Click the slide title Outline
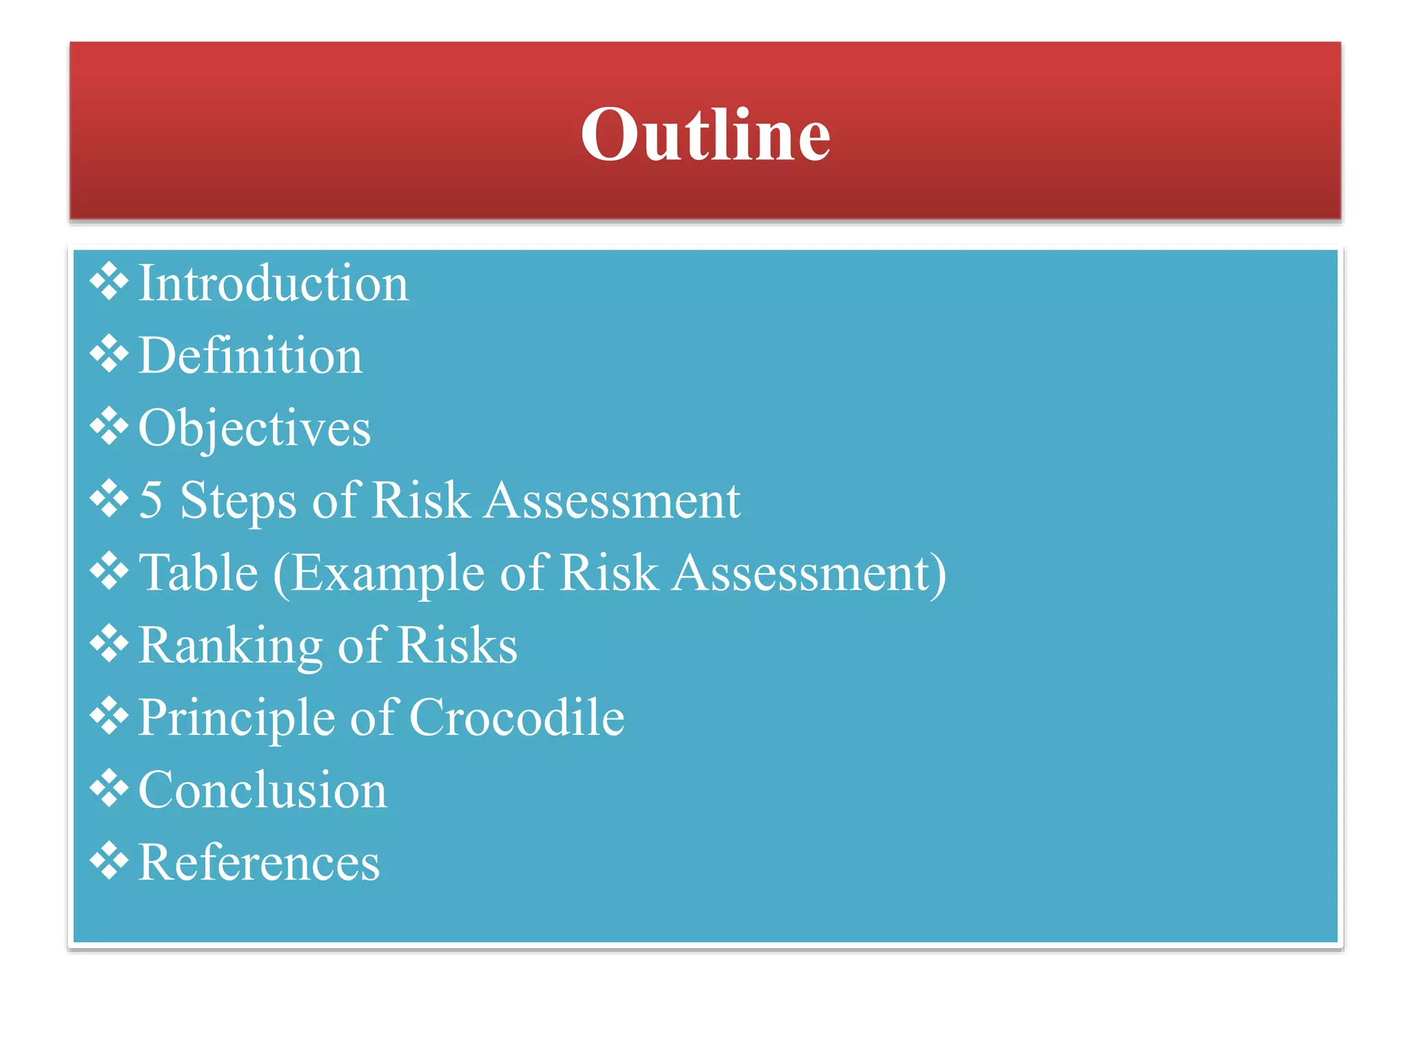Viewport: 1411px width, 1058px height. coord(705,134)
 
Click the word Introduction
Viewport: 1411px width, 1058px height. coord(274,283)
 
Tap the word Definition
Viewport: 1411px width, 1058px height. coord(250,355)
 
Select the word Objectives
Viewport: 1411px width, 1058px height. coord(254,428)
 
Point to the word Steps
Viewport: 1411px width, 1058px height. coord(238,501)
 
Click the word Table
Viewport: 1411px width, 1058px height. coord(198,572)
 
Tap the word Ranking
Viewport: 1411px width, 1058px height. coord(230,646)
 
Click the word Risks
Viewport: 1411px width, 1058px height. coord(457,645)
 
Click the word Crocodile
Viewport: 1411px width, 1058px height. coord(517,717)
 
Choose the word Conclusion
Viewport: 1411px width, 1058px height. coord(262,790)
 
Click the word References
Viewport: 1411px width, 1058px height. coord(259,862)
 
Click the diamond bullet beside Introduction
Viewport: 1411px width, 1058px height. coord(109,282)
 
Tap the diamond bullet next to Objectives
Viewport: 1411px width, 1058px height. coord(109,426)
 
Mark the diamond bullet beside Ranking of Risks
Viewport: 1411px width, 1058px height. coord(109,643)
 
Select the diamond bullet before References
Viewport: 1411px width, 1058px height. coord(109,861)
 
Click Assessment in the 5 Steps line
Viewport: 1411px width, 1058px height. coord(612,500)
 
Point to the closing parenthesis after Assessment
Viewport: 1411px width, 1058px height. coord(939,574)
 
